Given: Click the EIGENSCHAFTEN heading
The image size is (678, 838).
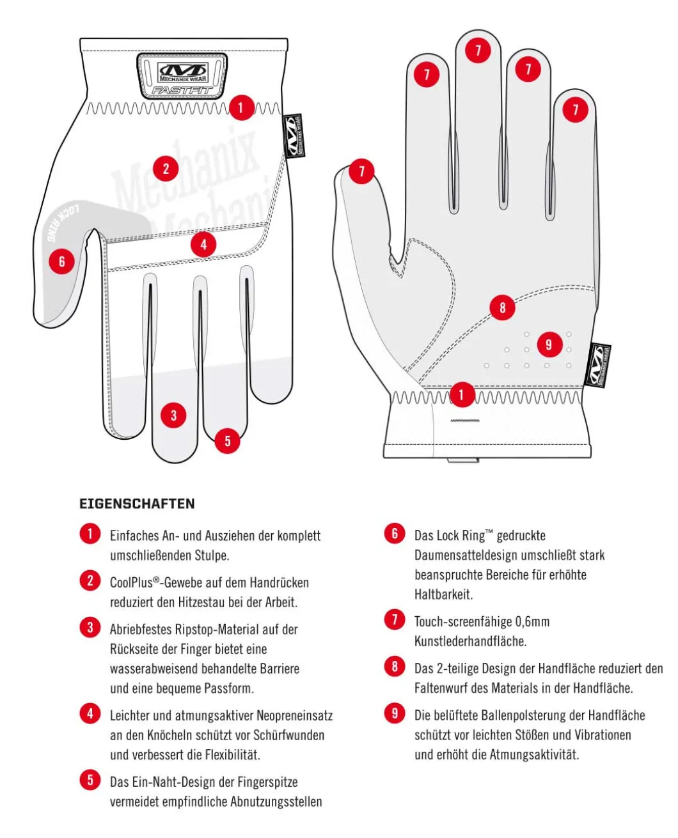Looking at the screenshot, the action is click(137, 503).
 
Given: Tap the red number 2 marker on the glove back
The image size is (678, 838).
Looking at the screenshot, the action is click(166, 169).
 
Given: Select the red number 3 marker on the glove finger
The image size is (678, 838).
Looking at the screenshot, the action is click(173, 415).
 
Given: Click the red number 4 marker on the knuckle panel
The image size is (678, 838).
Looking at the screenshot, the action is click(203, 244).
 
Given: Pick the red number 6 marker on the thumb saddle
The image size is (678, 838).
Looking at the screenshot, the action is click(62, 261).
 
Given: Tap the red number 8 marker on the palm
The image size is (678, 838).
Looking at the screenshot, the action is click(502, 307).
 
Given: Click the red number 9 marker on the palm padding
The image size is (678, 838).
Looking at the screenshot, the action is click(549, 345).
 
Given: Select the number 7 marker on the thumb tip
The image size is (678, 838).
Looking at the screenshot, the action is click(361, 171).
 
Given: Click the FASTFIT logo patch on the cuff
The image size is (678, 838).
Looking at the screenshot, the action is click(182, 75).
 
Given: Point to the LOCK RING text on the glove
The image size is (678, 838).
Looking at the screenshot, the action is click(63, 222).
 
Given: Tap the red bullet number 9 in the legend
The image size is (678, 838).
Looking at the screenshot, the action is click(394, 713).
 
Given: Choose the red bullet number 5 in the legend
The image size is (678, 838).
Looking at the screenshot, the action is click(90, 780).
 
